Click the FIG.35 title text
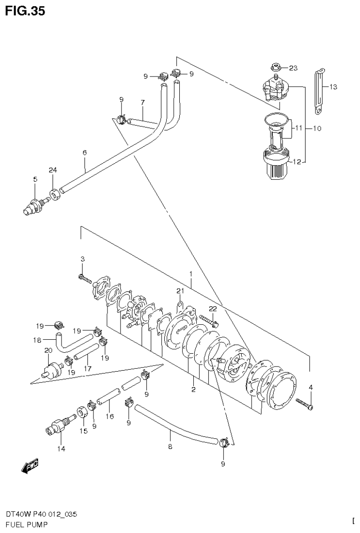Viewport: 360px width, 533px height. point(25,11)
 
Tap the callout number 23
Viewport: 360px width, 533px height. point(293,68)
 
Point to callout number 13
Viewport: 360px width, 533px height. point(333,87)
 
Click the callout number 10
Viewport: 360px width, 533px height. point(317,128)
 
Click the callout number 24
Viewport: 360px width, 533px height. point(52,169)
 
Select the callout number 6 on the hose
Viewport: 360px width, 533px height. point(84,152)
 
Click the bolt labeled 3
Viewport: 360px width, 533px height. point(84,278)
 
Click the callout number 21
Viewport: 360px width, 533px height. point(179,291)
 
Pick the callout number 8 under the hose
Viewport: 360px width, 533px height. point(170,447)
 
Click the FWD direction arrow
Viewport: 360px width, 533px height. point(30,466)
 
